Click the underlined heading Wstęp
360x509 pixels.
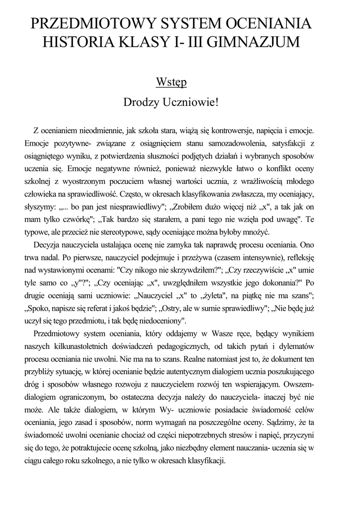click(172, 82)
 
